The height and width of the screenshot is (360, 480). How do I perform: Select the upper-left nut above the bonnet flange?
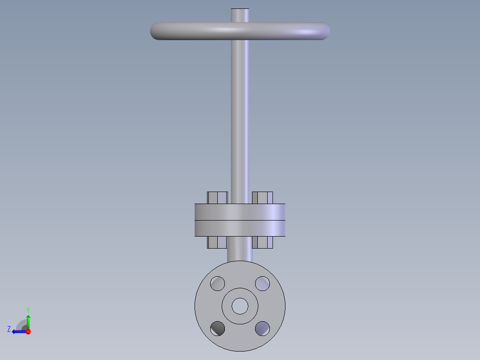click(217, 198)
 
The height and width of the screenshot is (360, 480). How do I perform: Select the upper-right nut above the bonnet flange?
click(262, 198)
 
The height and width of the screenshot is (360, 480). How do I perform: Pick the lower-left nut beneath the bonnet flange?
click(217, 242)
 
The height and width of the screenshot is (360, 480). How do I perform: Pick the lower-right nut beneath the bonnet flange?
click(262, 242)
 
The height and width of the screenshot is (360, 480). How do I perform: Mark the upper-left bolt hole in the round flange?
click(218, 283)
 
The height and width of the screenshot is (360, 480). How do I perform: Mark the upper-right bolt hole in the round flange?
click(262, 283)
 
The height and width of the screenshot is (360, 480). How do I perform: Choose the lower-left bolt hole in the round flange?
click(218, 328)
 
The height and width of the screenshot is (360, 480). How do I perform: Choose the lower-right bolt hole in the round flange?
click(262, 328)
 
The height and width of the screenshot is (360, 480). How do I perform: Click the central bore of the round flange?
click(240, 306)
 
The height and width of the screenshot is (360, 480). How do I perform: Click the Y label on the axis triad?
click(28, 309)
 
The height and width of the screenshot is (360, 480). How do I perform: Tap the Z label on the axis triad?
click(9, 329)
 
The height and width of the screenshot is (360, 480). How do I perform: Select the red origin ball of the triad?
click(28, 331)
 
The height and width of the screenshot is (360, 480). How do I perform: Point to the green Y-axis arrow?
click(28, 321)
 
